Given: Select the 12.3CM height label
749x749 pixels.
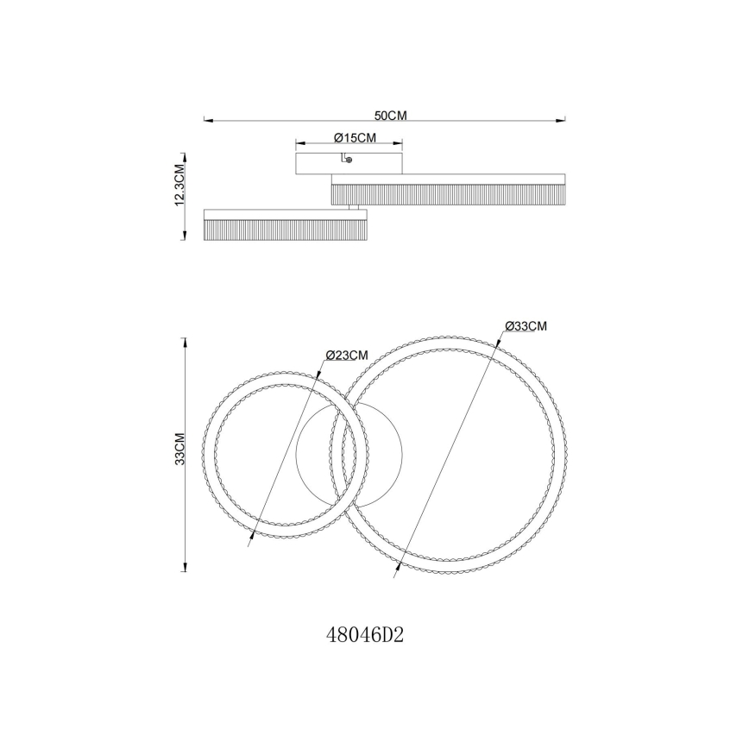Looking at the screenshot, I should tap(179, 185).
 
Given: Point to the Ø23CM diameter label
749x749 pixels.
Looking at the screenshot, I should tap(348, 355).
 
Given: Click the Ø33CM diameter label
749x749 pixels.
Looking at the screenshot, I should tap(526, 325).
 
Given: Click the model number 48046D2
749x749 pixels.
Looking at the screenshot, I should tap(366, 636).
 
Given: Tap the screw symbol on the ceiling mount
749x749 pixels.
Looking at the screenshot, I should tap(347, 159).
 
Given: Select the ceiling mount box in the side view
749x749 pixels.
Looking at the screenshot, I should tap(349, 163).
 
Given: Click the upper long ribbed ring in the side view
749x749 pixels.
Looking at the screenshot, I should tap(449, 190).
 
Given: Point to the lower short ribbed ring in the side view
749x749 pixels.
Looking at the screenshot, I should tap(285, 226).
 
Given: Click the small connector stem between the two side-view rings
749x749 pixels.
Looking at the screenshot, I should tap(354, 208).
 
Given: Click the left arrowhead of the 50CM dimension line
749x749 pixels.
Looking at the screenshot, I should tap(205, 120).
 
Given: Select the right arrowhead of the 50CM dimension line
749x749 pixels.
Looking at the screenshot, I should tap(565, 120).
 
